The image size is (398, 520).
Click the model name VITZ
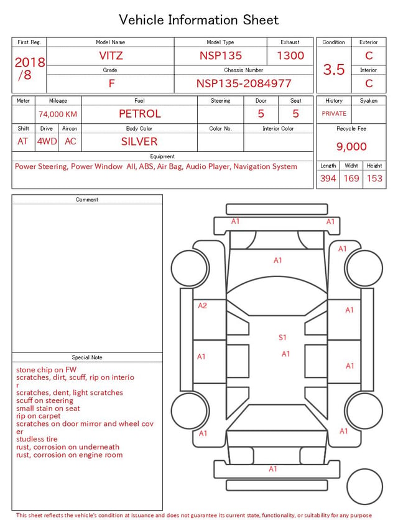tap(111, 55)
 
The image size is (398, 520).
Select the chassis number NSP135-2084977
tap(244, 83)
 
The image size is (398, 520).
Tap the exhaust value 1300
tap(290, 55)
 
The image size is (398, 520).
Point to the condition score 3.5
tap(334, 70)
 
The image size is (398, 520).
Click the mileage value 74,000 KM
tap(58, 115)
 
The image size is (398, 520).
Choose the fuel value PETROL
tap(140, 114)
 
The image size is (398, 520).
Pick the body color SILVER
tap(139, 141)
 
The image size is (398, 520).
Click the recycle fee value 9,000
tap(351, 146)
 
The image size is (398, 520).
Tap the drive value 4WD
tap(47, 141)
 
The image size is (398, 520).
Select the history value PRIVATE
tap(334, 114)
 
